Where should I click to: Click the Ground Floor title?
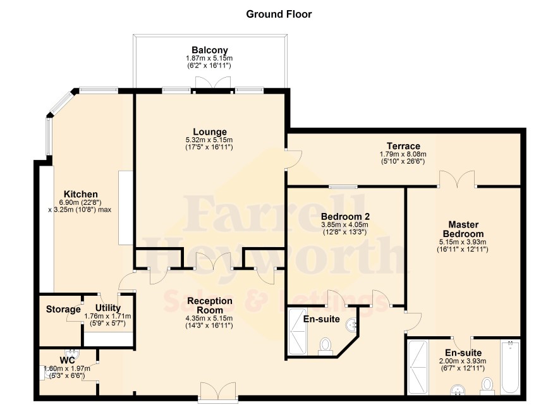click(x=279, y=15)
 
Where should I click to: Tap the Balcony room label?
click(x=210, y=50)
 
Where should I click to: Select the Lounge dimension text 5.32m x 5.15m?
click(x=209, y=140)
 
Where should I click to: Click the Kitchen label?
click(x=81, y=194)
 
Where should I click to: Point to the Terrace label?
click(x=403, y=146)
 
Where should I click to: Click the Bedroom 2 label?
click(x=345, y=217)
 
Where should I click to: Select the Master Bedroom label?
click(x=463, y=229)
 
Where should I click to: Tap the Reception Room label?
click(x=210, y=306)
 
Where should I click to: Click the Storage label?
click(x=63, y=309)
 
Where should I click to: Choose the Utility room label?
click(x=108, y=308)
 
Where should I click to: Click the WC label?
click(x=67, y=360)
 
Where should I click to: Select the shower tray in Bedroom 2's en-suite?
click(x=298, y=332)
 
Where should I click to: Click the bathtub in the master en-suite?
click(x=511, y=367)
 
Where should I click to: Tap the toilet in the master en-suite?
click(x=487, y=387)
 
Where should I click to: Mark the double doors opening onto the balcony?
click(x=213, y=84)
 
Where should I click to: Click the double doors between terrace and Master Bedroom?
click(x=457, y=179)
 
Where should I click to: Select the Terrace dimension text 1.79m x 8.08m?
click(x=403, y=154)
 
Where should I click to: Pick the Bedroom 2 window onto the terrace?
click(x=343, y=186)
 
